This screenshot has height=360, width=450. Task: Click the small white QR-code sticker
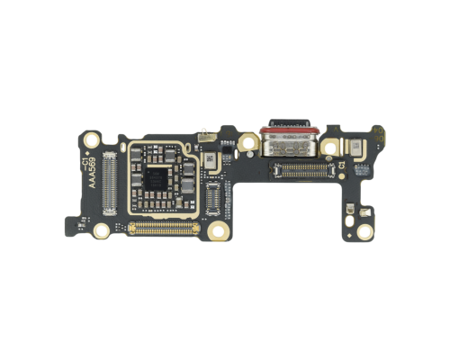coord(209,159)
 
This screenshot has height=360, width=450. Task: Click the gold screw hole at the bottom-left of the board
coord(102,229)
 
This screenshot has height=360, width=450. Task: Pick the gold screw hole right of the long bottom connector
coord(217,232)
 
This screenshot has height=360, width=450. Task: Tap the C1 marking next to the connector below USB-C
coord(343,167)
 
